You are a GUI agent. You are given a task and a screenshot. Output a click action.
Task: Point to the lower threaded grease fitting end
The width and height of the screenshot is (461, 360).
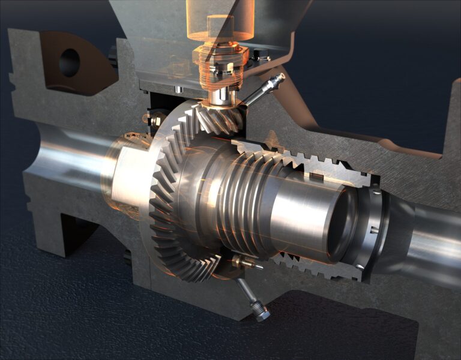(x=262, y=313)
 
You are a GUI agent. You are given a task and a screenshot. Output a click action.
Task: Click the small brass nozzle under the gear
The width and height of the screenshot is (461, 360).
(x=244, y=262)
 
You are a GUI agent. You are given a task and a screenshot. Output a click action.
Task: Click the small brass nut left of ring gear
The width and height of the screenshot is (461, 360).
(x=155, y=121)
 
